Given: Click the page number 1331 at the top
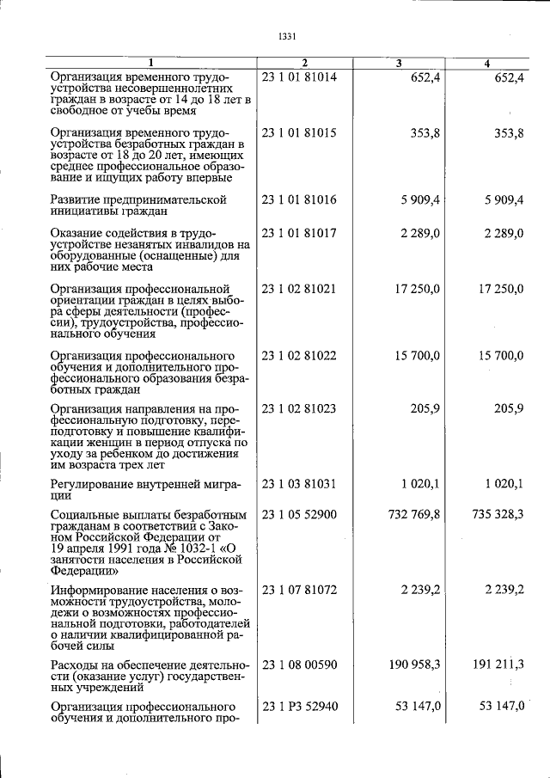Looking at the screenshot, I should coord(287,36).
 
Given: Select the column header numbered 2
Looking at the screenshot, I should coord(304,64).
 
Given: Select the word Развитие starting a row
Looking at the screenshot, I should coord(77,199).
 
